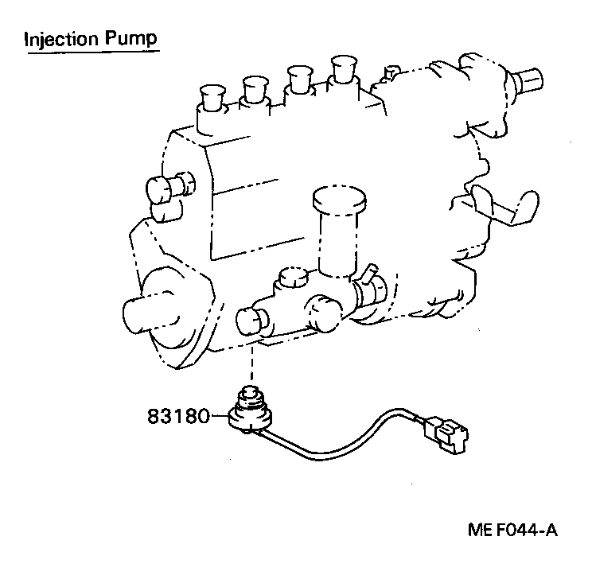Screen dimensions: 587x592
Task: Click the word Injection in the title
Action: [61, 38]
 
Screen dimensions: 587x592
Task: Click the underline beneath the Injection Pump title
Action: [92, 52]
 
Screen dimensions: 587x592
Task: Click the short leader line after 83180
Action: [218, 414]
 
